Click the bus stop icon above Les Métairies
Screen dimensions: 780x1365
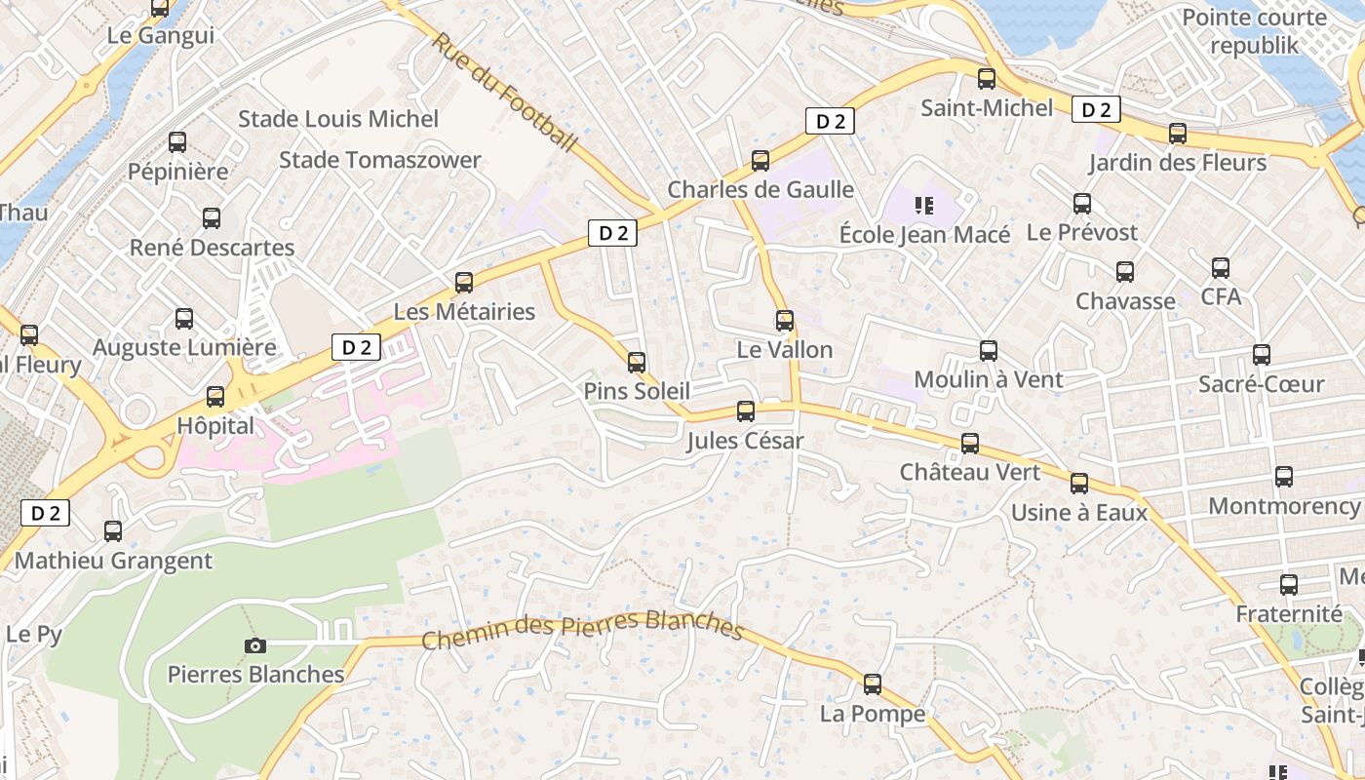(x=464, y=283)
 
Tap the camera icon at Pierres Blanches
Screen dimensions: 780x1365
(x=254, y=645)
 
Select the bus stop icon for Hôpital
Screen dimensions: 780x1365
(x=215, y=397)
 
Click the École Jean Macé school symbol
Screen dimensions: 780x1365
(x=923, y=206)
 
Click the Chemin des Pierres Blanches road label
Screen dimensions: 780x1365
(x=582, y=628)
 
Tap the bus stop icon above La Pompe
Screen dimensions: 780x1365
(x=873, y=684)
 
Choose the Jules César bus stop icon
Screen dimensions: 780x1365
(x=746, y=411)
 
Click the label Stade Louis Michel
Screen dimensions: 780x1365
(x=338, y=119)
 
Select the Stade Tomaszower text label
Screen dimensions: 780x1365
(x=380, y=160)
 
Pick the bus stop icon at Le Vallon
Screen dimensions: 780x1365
(x=785, y=321)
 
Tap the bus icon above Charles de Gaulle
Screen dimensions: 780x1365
(x=760, y=161)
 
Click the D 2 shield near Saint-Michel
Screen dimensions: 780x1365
(x=1096, y=110)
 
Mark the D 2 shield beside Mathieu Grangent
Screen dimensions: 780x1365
(x=46, y=513)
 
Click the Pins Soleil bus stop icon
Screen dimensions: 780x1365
(x=637, y=363)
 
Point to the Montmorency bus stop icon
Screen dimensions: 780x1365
(x=1284, y=477)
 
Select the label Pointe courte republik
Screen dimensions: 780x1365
(x=1254, y=31)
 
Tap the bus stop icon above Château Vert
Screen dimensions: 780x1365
(x=970, y=444)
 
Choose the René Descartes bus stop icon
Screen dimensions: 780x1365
(x=212, y=218)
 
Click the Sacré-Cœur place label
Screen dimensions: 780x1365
(x=1261, y=384)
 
